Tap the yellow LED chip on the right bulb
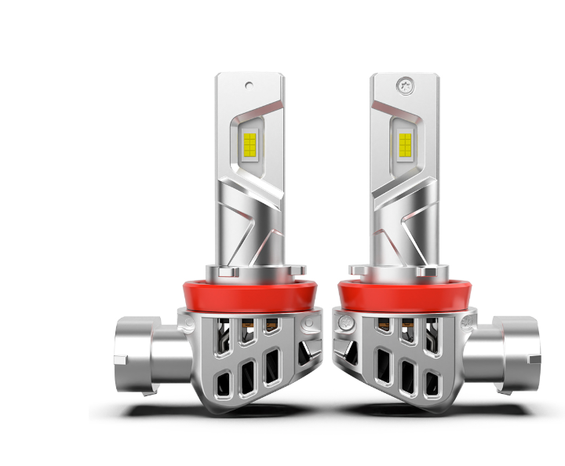click(405, 143)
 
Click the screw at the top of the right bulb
click(405, 82)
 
